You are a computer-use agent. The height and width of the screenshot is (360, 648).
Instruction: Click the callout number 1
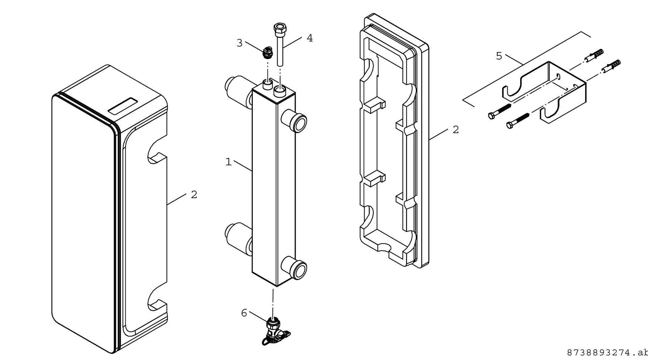click(228, 162)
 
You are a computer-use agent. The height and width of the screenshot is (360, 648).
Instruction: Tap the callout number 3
click(239, 43)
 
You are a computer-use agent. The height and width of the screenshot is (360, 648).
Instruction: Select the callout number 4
click(309, 38)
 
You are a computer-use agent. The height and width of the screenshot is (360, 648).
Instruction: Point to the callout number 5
click(499, 56)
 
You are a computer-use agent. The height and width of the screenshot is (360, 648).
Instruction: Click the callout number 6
click(244, 313)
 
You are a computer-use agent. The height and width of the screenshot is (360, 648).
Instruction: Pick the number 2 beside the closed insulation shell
click(194, 195)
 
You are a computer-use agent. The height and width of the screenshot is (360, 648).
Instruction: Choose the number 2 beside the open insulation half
click(456, 130)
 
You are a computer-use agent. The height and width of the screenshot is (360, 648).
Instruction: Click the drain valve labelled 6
click(274, 332)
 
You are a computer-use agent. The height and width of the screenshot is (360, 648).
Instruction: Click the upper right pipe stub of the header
click(294, 121)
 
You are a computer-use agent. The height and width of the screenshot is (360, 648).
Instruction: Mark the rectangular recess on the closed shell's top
click(122, 106)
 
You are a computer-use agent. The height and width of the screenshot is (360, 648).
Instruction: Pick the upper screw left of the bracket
click(500, 112)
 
